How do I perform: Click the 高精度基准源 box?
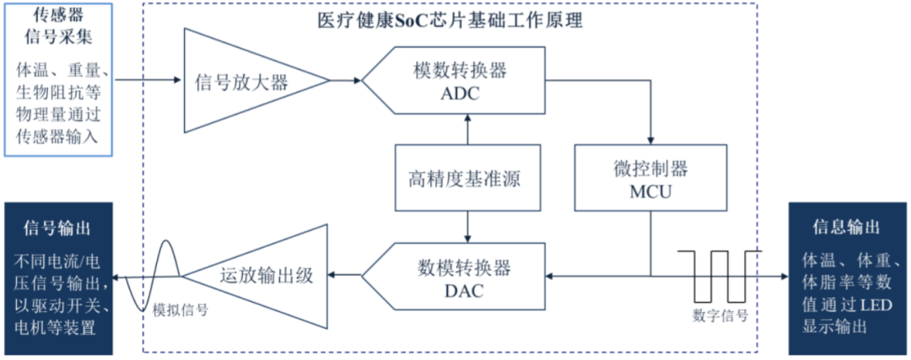[467, 178]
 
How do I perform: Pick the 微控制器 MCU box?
[650, 177]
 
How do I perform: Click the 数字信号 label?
[720, 315]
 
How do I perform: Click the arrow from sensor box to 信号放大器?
[148, 80]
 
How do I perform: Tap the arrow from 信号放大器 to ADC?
[346, 81]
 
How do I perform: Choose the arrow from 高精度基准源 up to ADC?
[467, 129]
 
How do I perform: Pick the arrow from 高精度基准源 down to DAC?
[467, 226]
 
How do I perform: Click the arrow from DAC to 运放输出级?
[345, 274]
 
